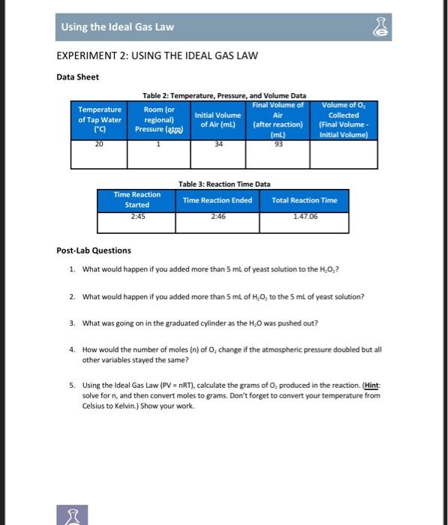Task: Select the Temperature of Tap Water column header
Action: tap(99, 119)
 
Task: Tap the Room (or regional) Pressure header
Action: tap(158, 119)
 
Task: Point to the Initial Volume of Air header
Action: tap(218, 119)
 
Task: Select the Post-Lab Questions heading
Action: tap(94, 250)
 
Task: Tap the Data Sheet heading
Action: tap(78, 76)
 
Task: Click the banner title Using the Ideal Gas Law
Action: tap(118, 27)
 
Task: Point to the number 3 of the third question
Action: tap(71, 323)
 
